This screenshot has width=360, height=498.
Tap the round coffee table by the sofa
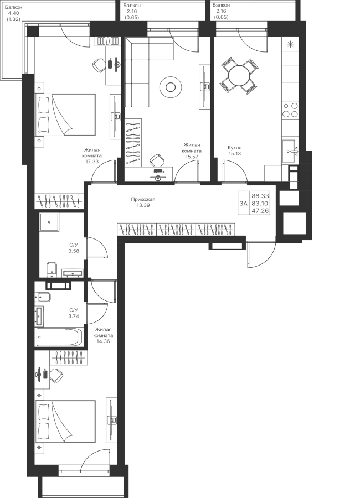tap(169, 86)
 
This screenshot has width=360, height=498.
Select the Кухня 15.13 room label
tap(234, 151)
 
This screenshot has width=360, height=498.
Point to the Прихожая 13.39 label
tap(143, 202)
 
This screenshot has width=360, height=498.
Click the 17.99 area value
tap(92, 162)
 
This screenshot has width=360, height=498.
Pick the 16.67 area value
tap(192, 157)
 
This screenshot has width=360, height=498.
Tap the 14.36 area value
tap(104, 341)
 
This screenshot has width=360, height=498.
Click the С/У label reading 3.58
tap(74, 247)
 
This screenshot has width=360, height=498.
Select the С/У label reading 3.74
tap(74, 313)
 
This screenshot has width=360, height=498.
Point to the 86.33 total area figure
tap(260, 196)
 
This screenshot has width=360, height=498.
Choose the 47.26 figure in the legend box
tap(260, 210)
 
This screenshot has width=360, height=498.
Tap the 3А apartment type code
tap(243, 203)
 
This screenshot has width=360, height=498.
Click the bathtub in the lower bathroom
tap(59, 336)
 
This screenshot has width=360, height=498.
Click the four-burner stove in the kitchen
tap(291, 110)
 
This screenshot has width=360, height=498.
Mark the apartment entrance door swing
tap(260, 255)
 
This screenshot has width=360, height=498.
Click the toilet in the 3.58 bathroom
tap(52, 270)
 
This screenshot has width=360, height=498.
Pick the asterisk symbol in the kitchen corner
tap(290, 45)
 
